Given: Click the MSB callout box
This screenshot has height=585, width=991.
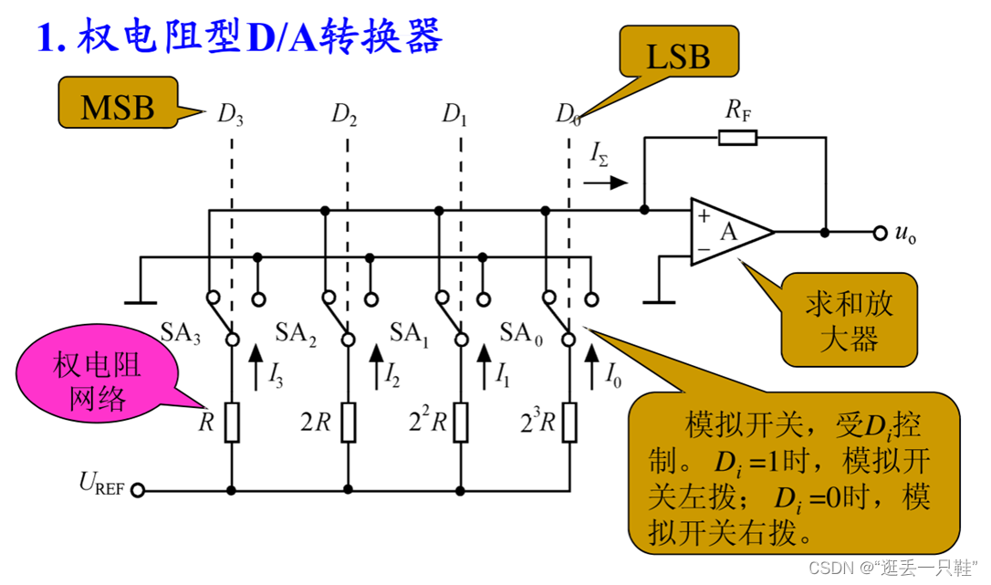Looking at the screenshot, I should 118,106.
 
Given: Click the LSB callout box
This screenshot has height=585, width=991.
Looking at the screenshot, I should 677,57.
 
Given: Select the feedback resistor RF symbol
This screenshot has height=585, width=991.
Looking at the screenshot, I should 736,138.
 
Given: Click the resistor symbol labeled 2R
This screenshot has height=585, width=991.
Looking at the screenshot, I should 347,423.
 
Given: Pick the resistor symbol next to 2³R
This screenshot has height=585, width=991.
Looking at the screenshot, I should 569,423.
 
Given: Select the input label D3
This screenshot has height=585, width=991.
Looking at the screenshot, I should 230,114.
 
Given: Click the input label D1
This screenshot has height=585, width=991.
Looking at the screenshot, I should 454,114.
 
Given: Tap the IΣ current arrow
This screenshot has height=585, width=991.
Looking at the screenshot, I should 606,182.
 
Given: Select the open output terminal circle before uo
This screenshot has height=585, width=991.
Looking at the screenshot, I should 879,233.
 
